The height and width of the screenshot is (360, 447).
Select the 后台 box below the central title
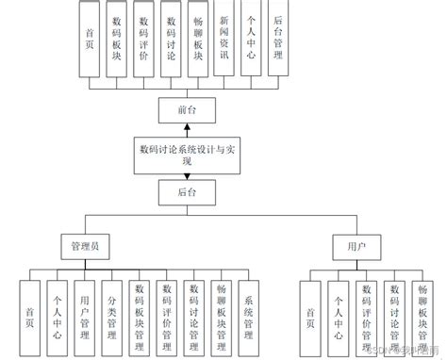click(x=185, y=192)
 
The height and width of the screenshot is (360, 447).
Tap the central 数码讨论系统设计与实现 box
click(x=185, y=153)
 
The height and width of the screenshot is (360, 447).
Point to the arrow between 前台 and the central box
click(x=185, y=127)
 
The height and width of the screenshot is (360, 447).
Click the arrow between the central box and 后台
click(x=185, y=175)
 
